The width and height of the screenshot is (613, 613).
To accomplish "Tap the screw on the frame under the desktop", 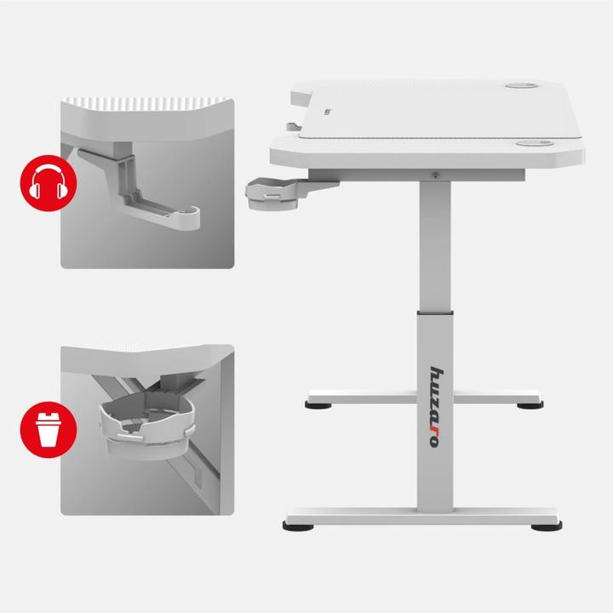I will tap(436, 175).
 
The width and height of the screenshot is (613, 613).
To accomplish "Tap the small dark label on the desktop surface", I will tap(327, 110).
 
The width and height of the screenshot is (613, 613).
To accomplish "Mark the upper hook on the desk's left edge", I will tap(296, 99).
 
